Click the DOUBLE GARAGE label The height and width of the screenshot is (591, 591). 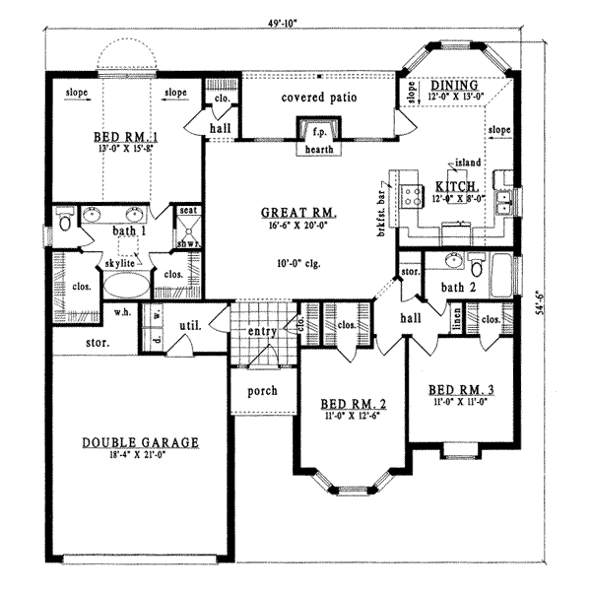tap(141, 443)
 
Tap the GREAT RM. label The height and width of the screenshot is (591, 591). tap(299, 212)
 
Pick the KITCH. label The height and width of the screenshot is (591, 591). tap(456, 186)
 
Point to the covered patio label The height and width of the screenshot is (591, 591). tap(317, 98)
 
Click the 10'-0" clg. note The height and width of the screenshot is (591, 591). tap(299, 264)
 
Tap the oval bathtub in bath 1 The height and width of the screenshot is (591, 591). tap(125, 286)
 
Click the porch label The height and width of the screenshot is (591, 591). tap(262, 391)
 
